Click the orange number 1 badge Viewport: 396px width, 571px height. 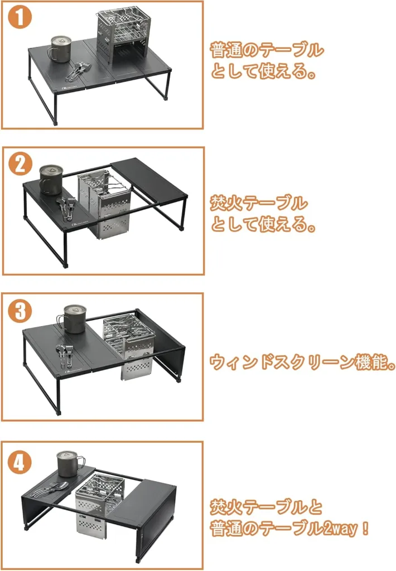[20, 17]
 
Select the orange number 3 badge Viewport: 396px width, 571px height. [20, 311]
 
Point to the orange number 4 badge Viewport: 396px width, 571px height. [20, 462]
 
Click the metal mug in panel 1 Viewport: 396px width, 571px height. [59, 49]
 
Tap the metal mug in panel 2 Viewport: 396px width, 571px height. [51, 180]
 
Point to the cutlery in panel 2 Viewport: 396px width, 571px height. [67, 207]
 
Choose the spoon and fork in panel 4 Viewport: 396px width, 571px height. [50, 488]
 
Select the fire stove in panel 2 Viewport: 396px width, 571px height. [104, 205]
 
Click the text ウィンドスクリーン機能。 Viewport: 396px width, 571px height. [302, 362]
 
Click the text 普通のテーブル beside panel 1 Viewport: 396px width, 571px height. [266, 50]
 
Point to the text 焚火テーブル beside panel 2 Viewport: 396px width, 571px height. [259, 203]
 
